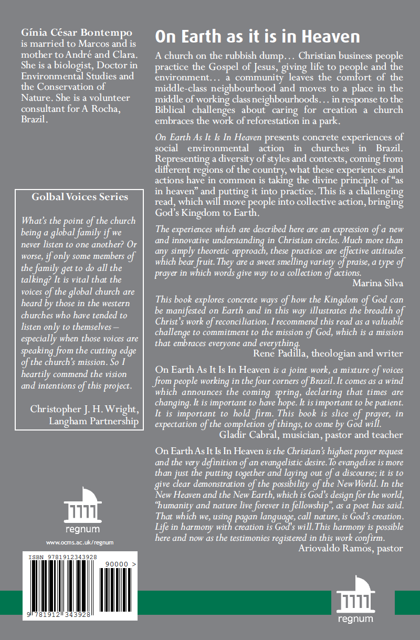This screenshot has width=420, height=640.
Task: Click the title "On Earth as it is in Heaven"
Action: click(257, 36)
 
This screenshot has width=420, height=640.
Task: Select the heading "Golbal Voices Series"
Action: click(80, 197)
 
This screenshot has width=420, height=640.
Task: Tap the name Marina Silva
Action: click(377, 284)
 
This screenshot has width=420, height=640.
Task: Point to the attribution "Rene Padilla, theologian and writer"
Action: click(328, 353)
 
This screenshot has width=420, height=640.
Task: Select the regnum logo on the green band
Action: click(355, 600)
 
